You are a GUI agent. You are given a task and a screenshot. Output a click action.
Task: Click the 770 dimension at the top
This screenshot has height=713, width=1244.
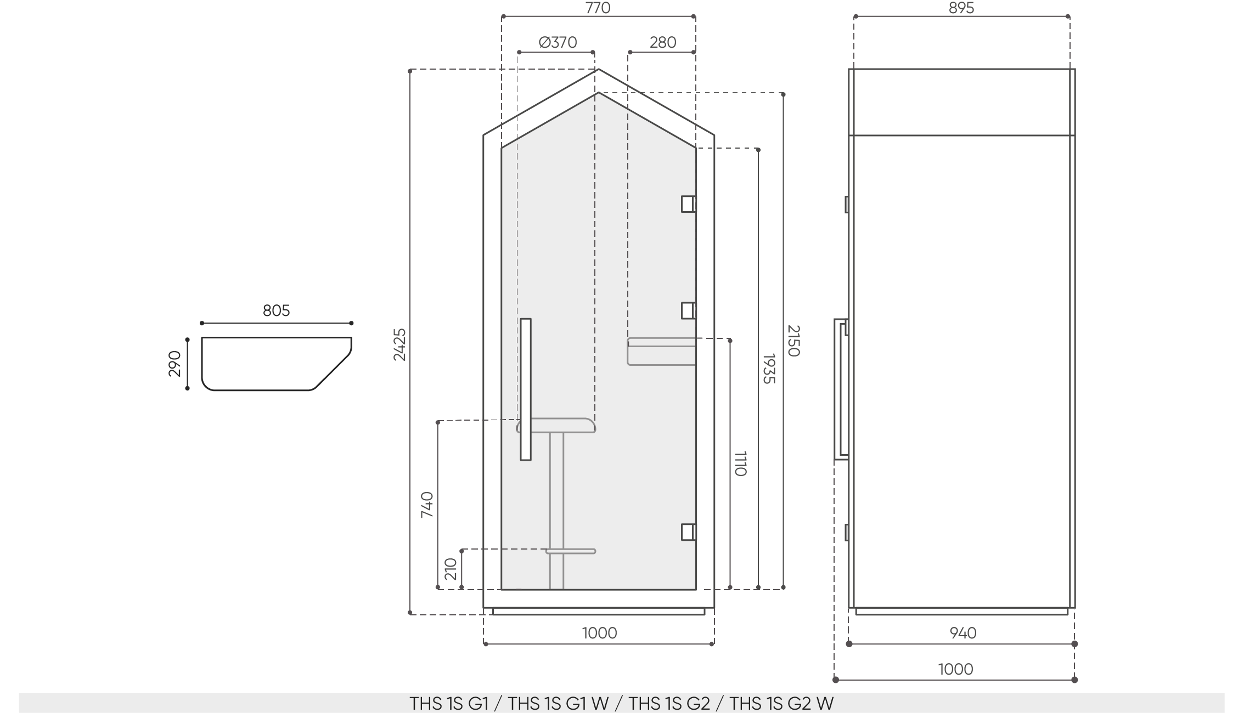click(598, 8)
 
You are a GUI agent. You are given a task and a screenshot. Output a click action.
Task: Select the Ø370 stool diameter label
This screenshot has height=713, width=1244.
click(558, 43)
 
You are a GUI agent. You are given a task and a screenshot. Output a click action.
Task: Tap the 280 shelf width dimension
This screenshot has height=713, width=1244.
click(663, 43)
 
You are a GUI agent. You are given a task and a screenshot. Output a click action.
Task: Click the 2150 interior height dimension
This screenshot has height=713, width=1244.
click(793, 341)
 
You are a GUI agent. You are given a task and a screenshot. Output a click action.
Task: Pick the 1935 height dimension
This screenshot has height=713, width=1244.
click(769, 369)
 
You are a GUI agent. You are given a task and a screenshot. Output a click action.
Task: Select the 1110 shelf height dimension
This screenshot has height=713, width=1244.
click(740, 463)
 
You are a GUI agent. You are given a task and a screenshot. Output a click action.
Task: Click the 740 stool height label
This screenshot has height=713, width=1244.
click(427, 505)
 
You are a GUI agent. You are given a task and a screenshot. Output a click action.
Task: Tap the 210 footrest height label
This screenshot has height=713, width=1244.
click(451, 569)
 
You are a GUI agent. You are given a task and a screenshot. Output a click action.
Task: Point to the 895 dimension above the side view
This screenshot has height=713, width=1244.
click(961, 8)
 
